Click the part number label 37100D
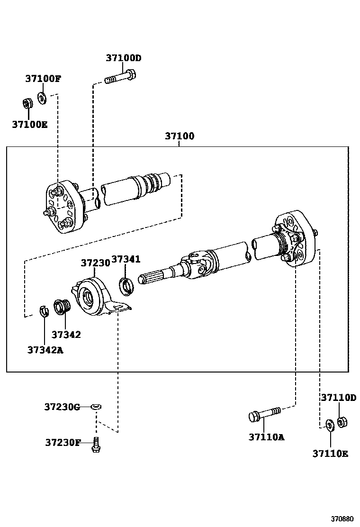pos(123,58)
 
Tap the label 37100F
pos(43,79)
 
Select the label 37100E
pos(30,125)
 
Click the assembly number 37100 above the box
pos(179,136)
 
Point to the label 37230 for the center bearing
pos(95,263)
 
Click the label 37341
pos(126,260)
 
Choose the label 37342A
pos(45,350)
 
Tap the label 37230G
pos(62,407)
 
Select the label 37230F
pos(63,442)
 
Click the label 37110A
pos(266,437)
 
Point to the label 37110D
pos(338,398)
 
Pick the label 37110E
pos(330,454)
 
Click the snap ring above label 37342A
pos(44,311)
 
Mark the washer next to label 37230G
pos(96,407)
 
